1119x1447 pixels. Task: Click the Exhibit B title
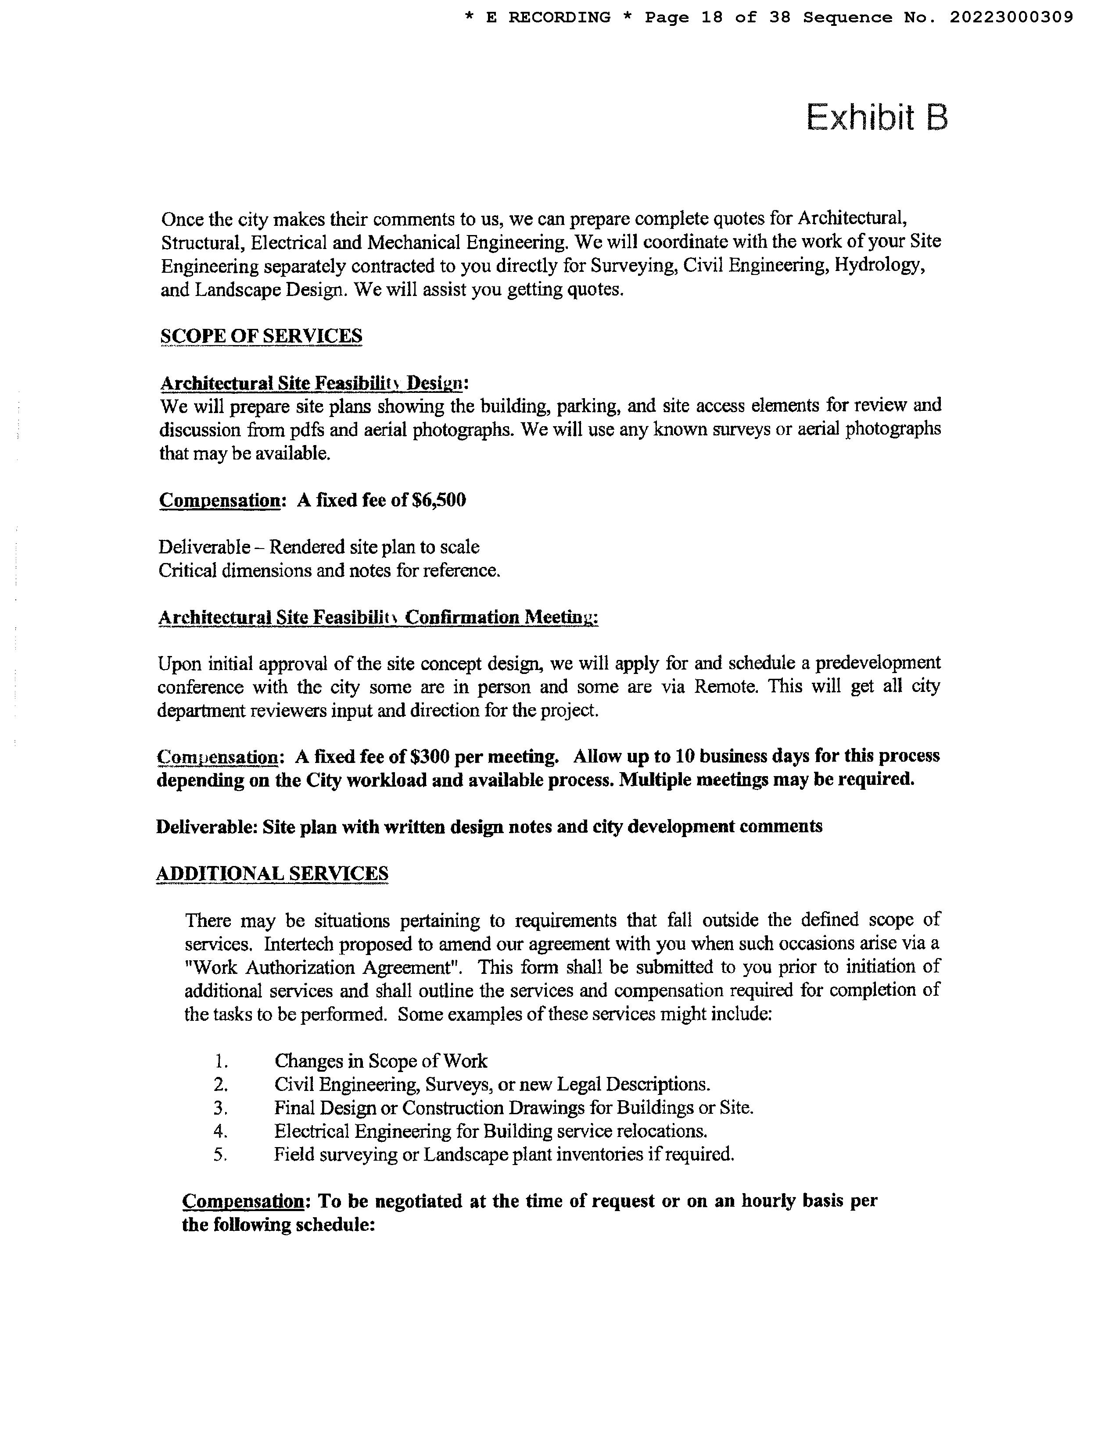(876, 118)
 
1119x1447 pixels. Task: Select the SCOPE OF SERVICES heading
(261, 336)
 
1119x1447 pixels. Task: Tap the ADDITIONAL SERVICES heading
(272, 873)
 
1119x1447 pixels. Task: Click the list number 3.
(221, 1108)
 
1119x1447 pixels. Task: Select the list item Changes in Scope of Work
(380, 1061)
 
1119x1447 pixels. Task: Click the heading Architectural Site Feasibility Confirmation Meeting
(378, 617)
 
